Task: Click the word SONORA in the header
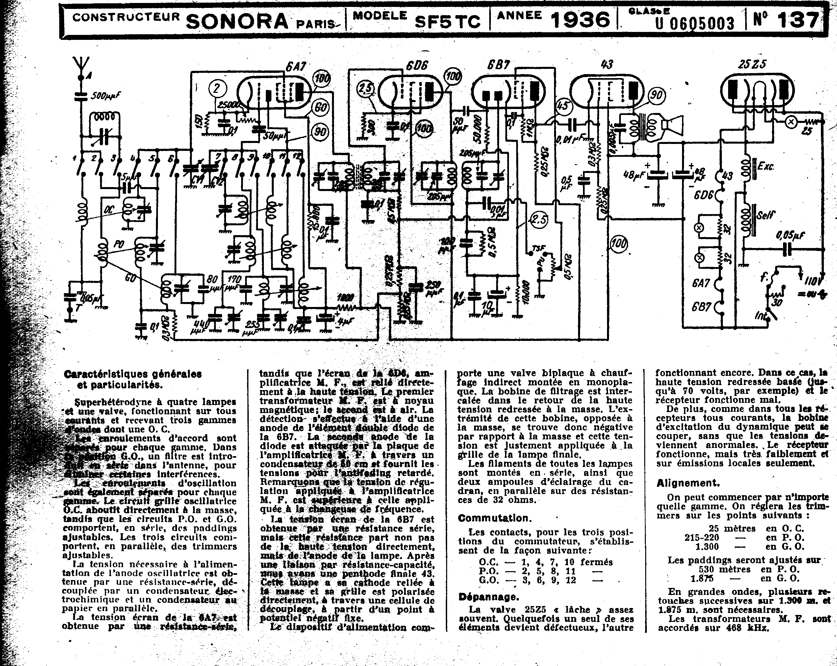point(237,21)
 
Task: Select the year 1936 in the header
point(580,19)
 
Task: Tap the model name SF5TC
point(447,21)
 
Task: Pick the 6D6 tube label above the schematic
point(417,66)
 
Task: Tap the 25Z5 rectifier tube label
point(752,64)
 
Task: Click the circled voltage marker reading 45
point(563,106)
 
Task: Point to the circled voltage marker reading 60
point(320,107)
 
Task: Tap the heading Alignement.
point(688,483)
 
